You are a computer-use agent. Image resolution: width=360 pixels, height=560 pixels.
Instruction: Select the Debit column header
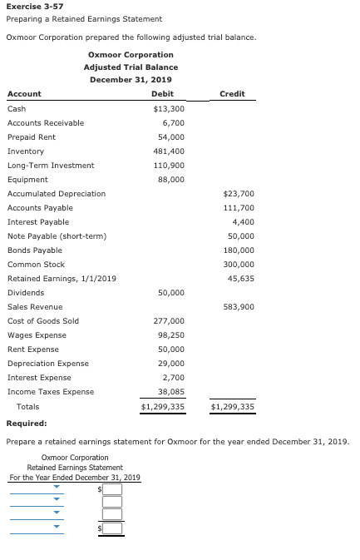(163, 94)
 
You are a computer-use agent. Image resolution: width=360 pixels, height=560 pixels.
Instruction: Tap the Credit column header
(232, 94)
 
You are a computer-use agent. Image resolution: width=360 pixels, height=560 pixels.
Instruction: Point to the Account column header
(24, 94)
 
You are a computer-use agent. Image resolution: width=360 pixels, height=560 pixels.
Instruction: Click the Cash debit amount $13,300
(170, 109)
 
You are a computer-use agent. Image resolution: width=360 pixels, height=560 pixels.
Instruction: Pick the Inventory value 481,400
(170, 151)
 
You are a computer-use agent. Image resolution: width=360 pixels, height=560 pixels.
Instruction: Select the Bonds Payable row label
(35, 250)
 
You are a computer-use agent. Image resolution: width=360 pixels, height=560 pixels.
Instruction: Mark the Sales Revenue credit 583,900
(239, 307)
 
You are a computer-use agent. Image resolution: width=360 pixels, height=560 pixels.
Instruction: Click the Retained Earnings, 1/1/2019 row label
(62, 278)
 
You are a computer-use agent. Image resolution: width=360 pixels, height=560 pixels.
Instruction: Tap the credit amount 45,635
(241, 278)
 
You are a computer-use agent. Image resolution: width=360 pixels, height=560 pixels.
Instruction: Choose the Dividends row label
(26, 293)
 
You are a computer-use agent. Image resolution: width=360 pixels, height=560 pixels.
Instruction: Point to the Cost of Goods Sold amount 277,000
(170, 321)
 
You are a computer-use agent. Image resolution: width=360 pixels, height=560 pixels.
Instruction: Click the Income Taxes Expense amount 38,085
(171, 392)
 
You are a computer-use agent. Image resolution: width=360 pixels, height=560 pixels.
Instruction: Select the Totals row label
(28, 407)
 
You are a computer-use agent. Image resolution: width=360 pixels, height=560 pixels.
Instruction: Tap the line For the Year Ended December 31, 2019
(75, 478)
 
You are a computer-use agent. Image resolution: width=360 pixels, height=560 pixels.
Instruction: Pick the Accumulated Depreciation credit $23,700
(239, 194)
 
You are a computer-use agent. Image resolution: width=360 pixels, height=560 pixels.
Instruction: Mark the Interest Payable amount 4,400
(244, 222)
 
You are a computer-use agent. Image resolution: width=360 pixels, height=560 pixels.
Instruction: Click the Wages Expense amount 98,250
(171, 335)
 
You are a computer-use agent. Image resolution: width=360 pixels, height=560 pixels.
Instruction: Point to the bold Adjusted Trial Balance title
(131, 67)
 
